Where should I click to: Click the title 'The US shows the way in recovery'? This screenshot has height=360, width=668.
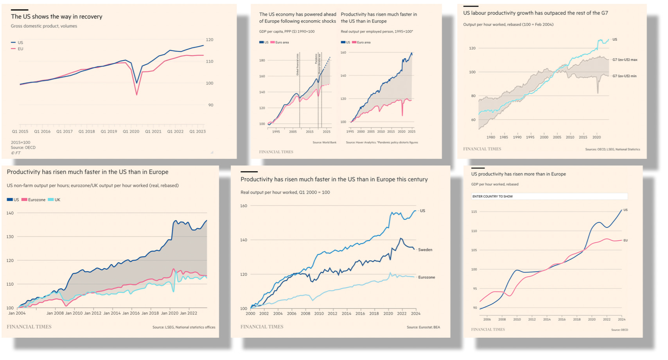(x=57, y=16)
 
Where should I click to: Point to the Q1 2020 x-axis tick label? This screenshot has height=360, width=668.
(x=131, y=131)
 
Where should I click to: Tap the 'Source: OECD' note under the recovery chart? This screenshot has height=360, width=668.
(x=23, y=148)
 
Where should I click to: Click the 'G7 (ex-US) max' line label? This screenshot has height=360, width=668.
(x=625, y=60)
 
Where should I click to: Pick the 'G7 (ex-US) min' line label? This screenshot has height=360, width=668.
(x=624, y=76)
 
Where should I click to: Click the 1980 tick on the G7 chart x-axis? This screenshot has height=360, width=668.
(x=491, y=137)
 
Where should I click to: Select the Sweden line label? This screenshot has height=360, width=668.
(x=425, y=250)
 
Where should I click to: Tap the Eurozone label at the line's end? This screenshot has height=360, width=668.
(x=426, y=277)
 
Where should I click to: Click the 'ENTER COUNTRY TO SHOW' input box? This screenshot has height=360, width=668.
(x=549, y=196)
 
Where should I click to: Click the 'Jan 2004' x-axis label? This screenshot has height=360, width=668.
(x=17, y=313)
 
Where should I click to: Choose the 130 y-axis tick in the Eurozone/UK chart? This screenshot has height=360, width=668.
(x=10, y=237)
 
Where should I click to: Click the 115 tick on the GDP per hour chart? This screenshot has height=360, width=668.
(x=474, y=212)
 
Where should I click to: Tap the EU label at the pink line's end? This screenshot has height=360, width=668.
(x=625, y=240)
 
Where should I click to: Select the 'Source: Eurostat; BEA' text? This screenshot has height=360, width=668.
(x=423, y=327)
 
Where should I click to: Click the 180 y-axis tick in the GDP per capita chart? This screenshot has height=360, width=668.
(x=262, y=60)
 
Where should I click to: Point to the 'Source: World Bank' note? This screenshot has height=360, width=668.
(x=324, y=142)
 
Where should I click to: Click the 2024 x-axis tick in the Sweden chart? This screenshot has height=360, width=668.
(x=416, y=313)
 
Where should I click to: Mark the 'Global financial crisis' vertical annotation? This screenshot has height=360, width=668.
(x=298, y=65)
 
